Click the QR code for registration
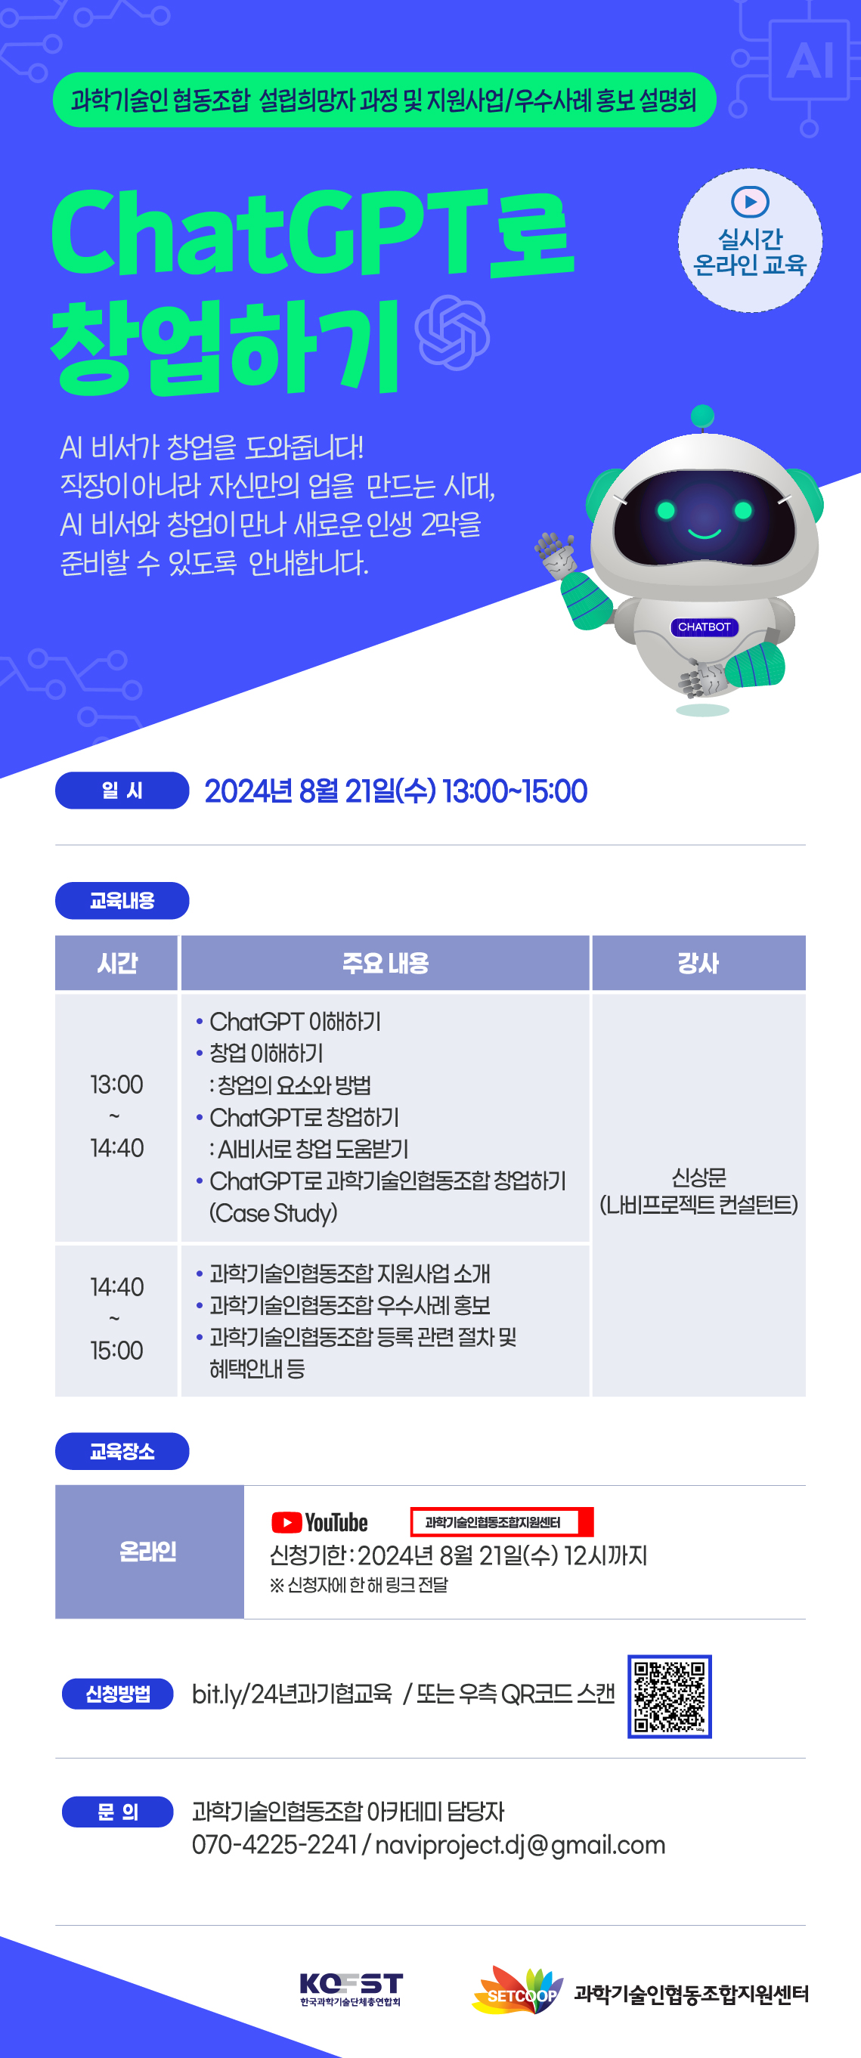(669, 1695)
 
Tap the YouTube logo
(320, 1522)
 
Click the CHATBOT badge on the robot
(704, 627)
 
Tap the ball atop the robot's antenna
(702, 416)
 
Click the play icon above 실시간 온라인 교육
(750, 201)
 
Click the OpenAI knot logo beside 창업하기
(452, 333)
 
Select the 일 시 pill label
(122, 790)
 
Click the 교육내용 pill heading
(122, 900)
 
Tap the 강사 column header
(698, 963)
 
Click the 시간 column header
(116, 963)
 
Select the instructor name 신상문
(699, 1177)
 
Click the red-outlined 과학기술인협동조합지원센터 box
(502, 1522)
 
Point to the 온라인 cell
(150, 1552)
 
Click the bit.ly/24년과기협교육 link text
(293, 1694)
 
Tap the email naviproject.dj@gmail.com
(520, 1845)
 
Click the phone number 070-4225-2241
(274, 1845)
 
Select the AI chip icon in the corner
(809, 60)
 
